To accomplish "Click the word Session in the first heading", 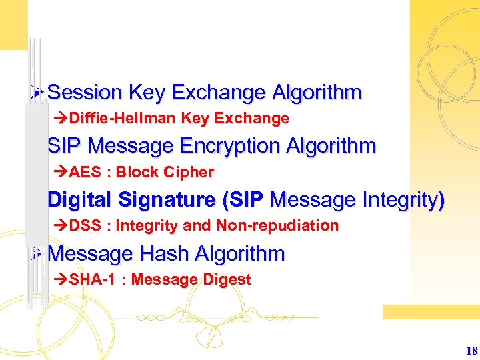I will click(85, 92).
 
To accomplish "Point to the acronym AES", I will click(84, 172).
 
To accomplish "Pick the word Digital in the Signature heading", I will click(81, 199).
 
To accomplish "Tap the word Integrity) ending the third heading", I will click(407, 199).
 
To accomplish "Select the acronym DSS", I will click(85, 225).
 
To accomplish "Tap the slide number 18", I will click(471, 351).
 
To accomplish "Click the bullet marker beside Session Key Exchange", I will click(37, 92).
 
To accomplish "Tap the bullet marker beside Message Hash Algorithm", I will click(37, 253).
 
